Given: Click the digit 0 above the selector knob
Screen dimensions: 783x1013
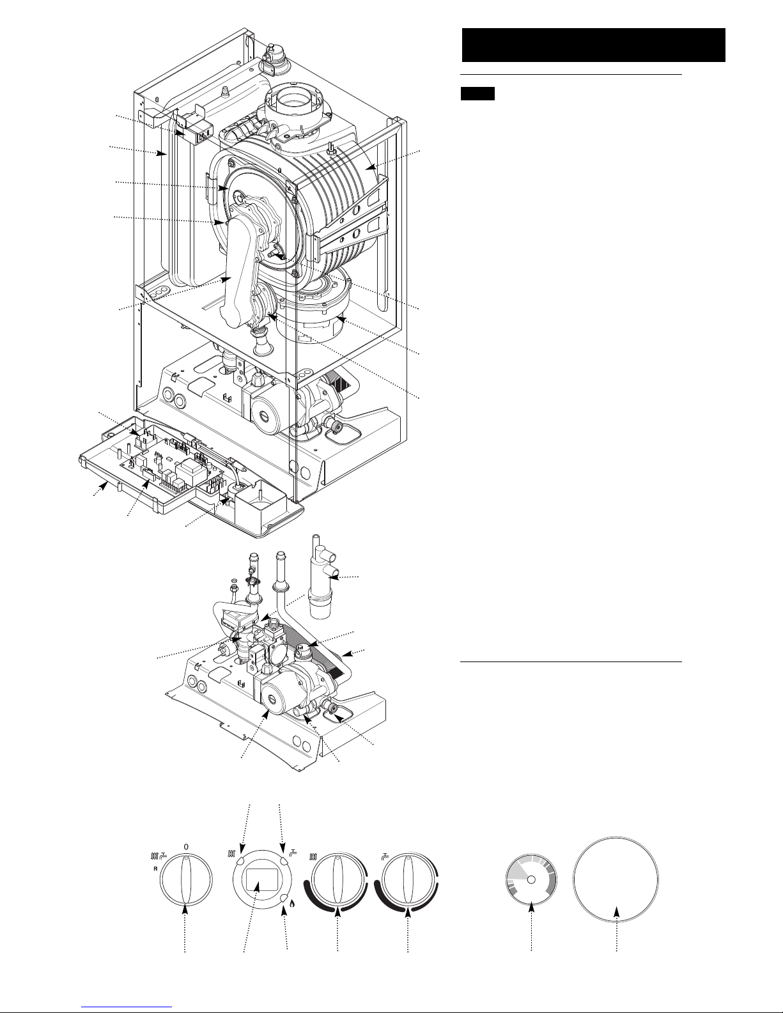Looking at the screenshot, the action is (x=186, y=846).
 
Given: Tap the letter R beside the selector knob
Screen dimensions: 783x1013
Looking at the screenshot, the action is (x=155, y=869).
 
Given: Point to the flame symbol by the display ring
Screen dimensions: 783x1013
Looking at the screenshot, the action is (x=293, y=904).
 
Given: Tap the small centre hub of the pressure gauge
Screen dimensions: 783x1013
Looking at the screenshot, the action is (x=531, y=879).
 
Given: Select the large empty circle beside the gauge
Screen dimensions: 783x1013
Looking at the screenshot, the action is (x=616, y=880).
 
